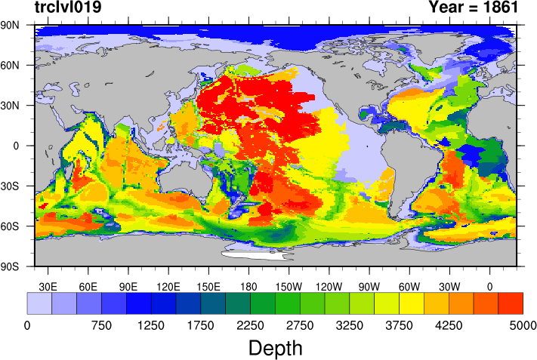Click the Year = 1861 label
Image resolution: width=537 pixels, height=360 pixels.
[473, 8]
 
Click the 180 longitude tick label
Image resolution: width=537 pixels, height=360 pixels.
[248, 286]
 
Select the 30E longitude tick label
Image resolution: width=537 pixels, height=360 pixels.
[48, 286]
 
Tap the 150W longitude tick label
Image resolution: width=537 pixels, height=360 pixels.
[289, 286]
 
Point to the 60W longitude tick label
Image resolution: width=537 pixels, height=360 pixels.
[409, 286]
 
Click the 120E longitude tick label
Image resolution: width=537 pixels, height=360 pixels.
[168, 286]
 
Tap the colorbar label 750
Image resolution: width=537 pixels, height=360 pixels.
[101, 325]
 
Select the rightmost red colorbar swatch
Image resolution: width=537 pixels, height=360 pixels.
[511, 303]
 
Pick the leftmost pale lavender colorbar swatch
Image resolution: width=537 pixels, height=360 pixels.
[39, 303]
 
